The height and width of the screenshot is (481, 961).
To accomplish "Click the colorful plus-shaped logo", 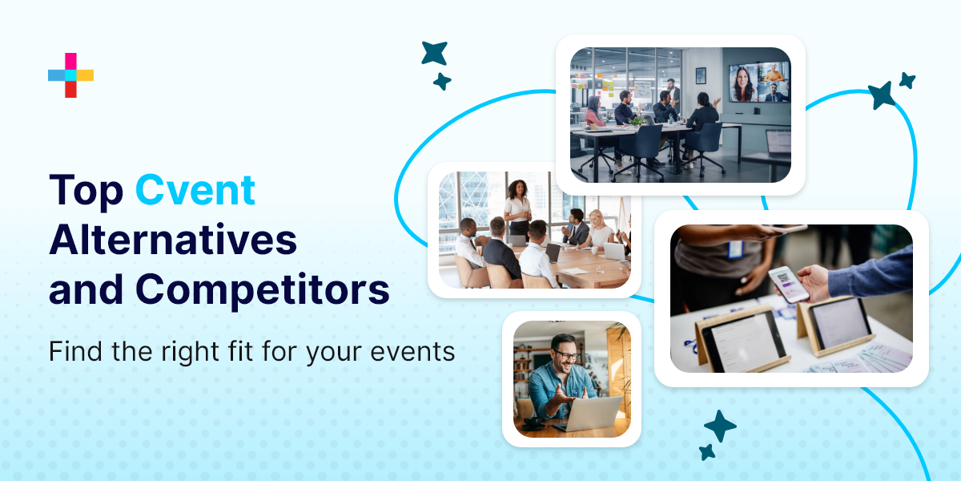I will coord(70,75).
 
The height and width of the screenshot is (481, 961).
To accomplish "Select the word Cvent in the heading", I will coord(195,191).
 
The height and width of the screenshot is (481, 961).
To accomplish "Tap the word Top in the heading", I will coord(86,191).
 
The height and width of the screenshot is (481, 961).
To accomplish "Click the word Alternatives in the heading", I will coord(173,240).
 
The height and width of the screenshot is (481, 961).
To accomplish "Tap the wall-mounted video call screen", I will coord(758,83).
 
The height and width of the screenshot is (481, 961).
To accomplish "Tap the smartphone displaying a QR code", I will coord(789,283).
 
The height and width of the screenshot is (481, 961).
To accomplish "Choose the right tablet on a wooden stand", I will coord(838,322).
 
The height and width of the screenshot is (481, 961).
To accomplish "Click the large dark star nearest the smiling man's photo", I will coord(719,426).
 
